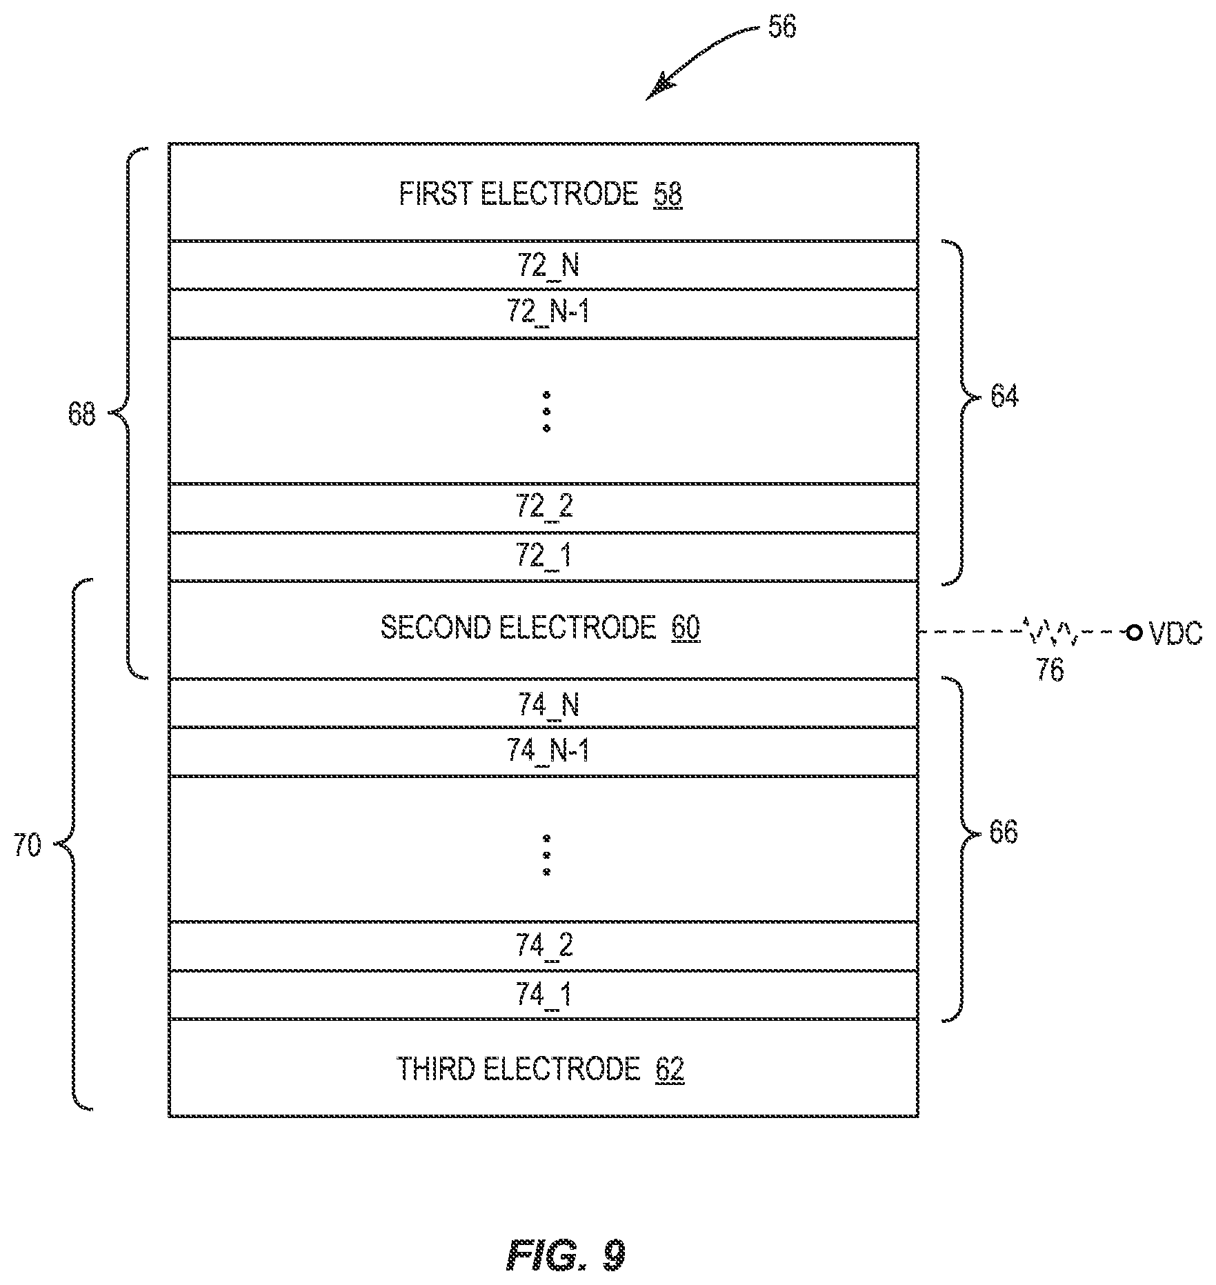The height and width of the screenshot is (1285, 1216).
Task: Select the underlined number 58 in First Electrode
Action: pos(668,195)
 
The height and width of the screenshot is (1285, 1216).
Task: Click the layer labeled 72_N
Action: pos(548,266)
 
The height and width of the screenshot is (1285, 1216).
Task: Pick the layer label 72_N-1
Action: pos(548,313)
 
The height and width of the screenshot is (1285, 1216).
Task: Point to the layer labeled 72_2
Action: pos(544,508)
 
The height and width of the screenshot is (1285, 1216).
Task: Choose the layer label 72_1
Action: pos(544,556)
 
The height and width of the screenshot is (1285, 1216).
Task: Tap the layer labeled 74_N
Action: pos(548,705)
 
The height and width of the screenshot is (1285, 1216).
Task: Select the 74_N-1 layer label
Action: pos(548,750)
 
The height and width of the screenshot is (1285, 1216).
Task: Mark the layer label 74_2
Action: pos(544,946)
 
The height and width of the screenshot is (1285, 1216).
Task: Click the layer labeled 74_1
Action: pos(544,995)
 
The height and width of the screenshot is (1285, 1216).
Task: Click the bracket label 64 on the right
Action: pos(1004,397)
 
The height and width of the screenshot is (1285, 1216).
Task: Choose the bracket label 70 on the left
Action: pos(28,846)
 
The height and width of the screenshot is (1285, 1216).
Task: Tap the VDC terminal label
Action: pos(1175,633)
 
